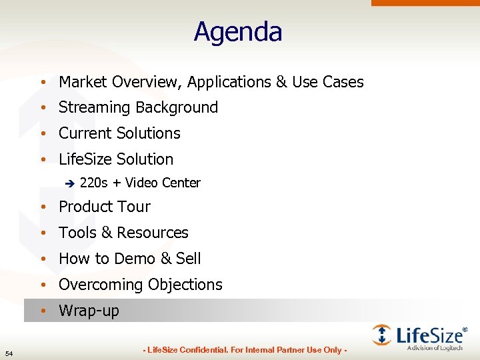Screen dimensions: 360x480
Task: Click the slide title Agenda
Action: tap(238, 32)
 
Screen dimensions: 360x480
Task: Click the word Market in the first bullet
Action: tap(83, 82)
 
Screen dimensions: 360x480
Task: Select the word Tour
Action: tap(134, 207)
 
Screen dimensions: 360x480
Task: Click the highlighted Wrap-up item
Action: tap(89, 311)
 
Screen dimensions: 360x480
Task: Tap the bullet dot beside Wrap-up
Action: tap(42, 311)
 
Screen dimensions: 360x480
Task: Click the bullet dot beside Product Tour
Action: tap(42, 207)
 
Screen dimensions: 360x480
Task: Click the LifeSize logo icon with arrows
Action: tap(383, 335)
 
